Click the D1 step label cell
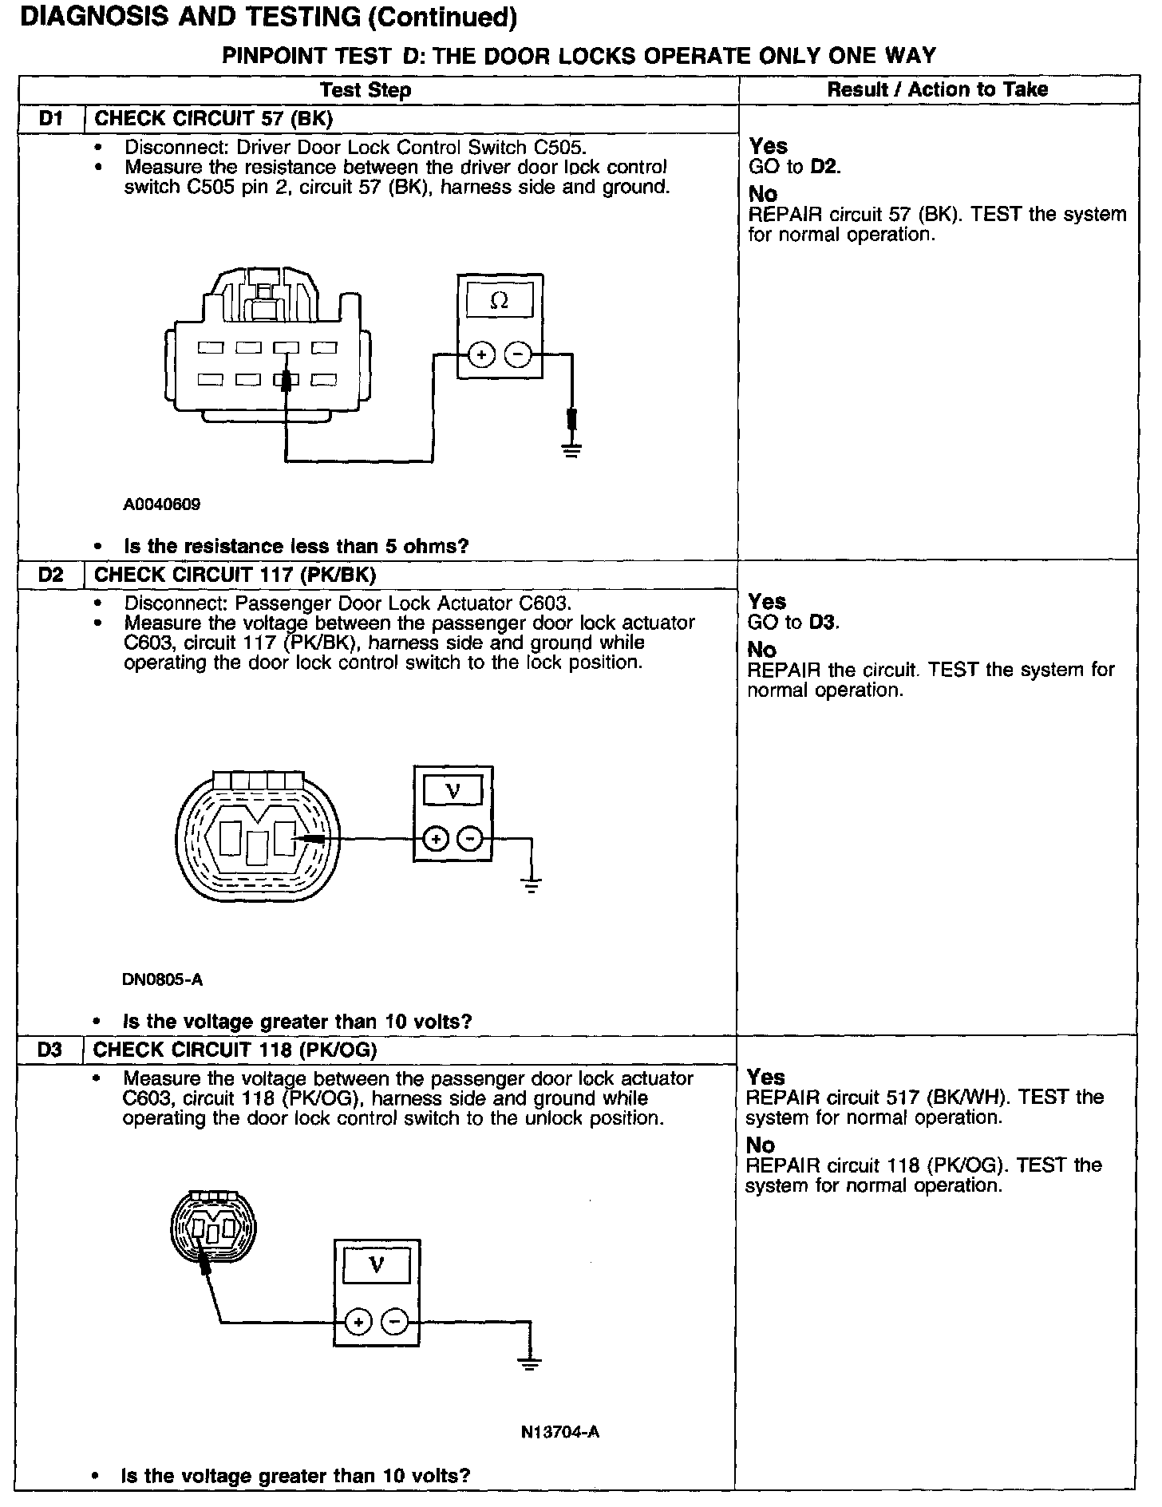pyautogui.click(x=51, y=119)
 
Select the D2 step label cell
pyautogui.click(x=50, y=575)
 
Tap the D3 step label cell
pyautogui.click(x=49, y=1050)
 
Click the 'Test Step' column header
pyautogui.click(x=366, y=89)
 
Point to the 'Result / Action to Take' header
pyautogui.click(x=937, y=89)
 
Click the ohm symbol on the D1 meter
pyautogui.click(x=500, y=301)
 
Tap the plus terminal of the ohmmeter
pyautogui.click(x=480, y=354)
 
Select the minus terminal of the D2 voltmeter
pyautogui.click(x=471, y=838)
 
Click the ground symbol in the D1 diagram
pyautogui.click(x=571, y=451)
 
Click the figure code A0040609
pyautogui.click(x=162, y=504)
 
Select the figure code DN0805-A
pyautogui.click(x=156, y=979)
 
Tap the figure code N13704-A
pyautogui.click(x=559, y=1432)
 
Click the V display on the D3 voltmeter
pyautogui.click(x=377, y=1265)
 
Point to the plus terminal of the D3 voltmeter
pyautogui.click(x=359, y=1322)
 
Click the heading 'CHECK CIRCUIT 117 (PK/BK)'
pyautogui.click(x=235, y=575)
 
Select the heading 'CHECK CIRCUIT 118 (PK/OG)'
pyautogui.click(x=235, y=1050)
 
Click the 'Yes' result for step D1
pyautogui.click(x=769, y=146)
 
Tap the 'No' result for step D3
pyautogui.click(x=761, y=1145)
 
